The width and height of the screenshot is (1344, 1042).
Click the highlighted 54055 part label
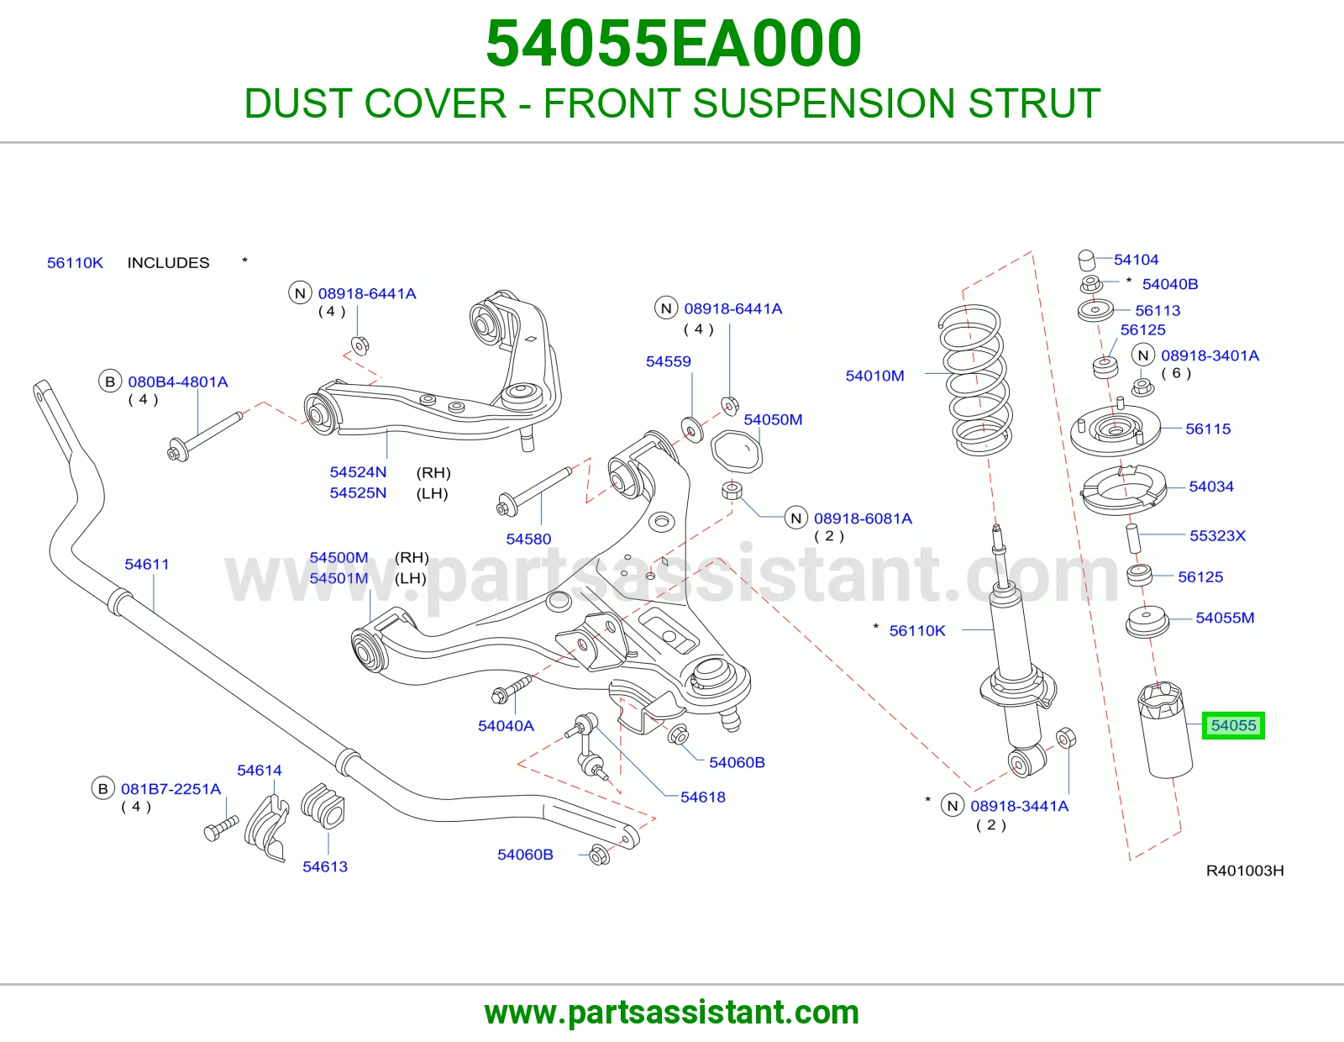tap(1233, 725)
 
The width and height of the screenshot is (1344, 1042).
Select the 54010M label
tap(874, 376)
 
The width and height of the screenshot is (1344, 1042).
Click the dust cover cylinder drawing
tap(1165, 729)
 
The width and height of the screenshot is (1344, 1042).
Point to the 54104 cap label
tap(1137, 260)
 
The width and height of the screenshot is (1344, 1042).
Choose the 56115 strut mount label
tap(1208, 429)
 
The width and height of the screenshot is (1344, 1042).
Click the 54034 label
tap(1211, 487)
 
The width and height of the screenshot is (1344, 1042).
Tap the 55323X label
tap(1217, 535)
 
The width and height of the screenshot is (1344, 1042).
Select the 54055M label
tap(1225, 618)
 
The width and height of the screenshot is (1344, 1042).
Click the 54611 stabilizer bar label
tap(147, 564)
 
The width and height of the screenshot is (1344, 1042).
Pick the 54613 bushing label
tap(325, 866)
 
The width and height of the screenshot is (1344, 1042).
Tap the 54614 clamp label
tap(260, 771)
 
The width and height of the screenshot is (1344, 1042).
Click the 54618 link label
tap(702, 797)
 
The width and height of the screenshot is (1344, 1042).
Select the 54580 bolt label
tap(528, 539)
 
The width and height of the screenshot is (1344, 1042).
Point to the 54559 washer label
tap(668, 361)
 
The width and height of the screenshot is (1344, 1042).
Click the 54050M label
tap(773, 419)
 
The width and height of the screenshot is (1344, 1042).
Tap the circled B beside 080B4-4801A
tap(110, 382)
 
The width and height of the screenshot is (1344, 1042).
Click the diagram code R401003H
tap(1244, 871)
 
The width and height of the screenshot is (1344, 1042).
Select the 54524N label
tap(358, 472)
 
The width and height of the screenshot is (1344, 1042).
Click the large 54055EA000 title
tap(673, 44)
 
